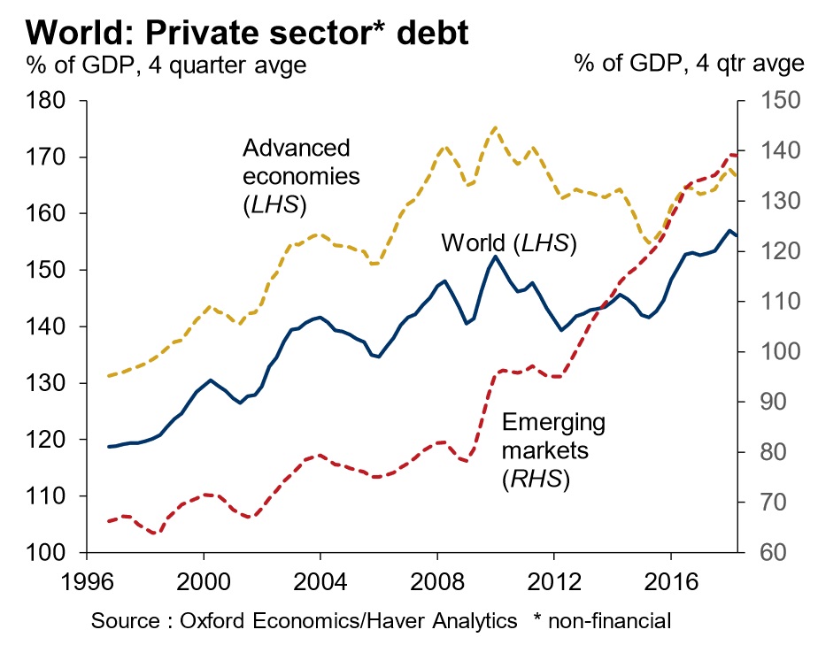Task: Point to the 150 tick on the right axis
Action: pos(767,101)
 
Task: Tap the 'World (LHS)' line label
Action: pos(508,242)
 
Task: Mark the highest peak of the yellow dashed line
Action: pos(494,127)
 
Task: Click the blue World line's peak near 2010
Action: pos(494,257)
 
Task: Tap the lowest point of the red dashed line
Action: pos(155,534)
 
